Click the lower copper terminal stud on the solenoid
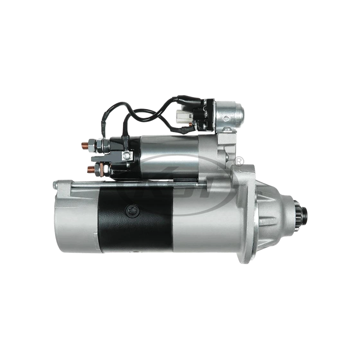[89, 169]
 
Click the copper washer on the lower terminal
[97, 169]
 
